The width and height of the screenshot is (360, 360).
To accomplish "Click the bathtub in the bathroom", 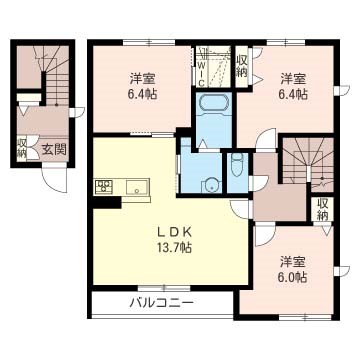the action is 213,103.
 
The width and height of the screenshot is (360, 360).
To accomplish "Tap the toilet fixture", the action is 237,165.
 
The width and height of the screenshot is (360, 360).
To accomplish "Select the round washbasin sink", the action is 211,185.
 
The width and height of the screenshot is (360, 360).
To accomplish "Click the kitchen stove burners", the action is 104,186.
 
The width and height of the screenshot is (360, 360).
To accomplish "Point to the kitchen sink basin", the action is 137,186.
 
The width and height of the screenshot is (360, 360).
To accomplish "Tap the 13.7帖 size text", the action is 173,247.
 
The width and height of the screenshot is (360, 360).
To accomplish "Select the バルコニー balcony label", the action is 161,303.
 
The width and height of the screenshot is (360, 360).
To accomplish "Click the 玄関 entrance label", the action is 54,149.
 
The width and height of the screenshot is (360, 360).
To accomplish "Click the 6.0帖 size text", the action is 293,277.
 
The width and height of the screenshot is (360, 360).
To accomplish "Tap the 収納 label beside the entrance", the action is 22,147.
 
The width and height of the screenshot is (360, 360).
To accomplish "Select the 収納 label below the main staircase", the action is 322,208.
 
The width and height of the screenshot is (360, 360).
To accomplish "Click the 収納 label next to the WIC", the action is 242,66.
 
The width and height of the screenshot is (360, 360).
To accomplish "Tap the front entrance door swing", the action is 55,180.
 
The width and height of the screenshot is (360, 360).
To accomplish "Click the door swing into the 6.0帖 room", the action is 265,236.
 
